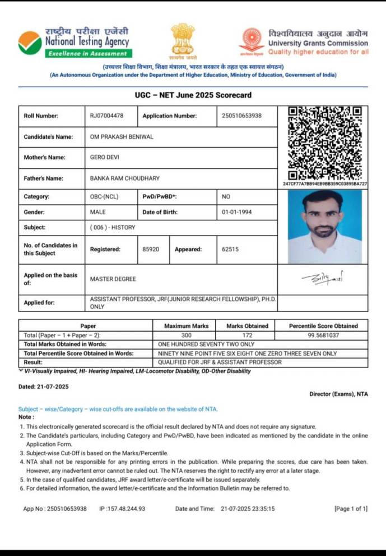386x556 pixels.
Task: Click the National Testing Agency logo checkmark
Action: [29, 43]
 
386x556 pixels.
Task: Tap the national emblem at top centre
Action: [183, 40]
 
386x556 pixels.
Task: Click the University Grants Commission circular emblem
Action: [252, 41]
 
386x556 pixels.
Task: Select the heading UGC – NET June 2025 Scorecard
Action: [193, 95]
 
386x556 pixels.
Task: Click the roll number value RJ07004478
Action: [106, 116]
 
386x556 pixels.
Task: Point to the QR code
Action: [325, 143]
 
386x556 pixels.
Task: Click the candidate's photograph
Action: [325, 227]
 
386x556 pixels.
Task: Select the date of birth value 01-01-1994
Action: [238, 212]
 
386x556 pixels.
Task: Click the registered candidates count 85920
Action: [152, 249]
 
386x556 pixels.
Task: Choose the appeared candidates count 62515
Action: [230, 249]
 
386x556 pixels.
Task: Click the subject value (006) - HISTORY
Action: [113, 228]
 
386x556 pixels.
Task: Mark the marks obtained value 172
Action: [247, 335]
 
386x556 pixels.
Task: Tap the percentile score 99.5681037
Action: [324, 335]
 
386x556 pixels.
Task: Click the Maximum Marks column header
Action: [186, 326]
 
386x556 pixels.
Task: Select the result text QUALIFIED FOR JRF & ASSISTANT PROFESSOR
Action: [220, 362]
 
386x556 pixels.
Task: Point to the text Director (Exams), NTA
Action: [338, 394]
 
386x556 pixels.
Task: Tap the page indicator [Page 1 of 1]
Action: [351, 508]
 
